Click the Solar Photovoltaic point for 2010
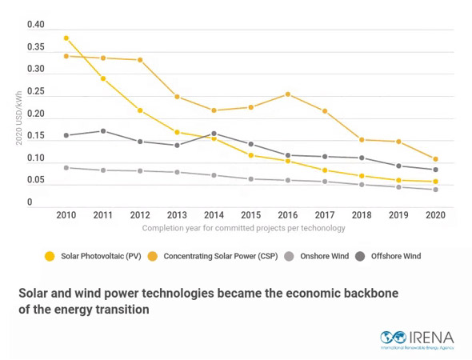click(x=66, y=38)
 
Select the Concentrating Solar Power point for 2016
click(x=288, y=94)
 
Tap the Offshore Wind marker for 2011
click(x=102, y=131)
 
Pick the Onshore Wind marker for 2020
click(x=436, y=190)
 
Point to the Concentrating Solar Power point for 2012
click(x=140, y=60)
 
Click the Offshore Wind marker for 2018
click(x=362, y=158)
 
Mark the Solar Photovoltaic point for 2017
click(x=325, y=170)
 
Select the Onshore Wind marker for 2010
click(x=66, y=167)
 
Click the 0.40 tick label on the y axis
click(x=35, y=25)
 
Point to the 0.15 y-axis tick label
click(x=35, y=136)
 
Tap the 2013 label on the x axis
click(x=177, y=215)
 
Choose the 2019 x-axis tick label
click(x=398, y=215)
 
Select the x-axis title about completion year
click(x=243, y=228)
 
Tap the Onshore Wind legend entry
click(x=319, y=256)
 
